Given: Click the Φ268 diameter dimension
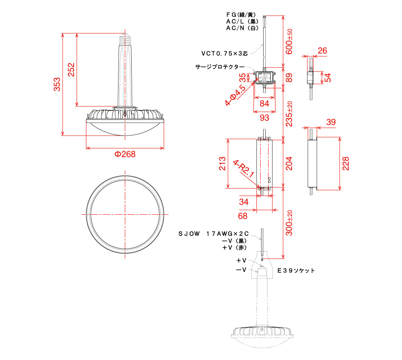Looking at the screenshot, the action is click(125, 154).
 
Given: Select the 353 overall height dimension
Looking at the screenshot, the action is click(57, 84).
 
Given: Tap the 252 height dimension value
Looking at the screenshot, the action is click(71, 69).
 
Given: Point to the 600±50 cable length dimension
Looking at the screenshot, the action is click(289, 42).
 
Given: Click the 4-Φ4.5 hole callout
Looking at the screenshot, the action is click(235, 95).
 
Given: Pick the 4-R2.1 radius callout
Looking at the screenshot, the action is click(243, 169).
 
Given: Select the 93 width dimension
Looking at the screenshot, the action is click(264, 117).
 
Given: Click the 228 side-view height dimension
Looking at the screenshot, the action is click(346, 163).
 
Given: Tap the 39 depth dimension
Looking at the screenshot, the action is click(331, 122).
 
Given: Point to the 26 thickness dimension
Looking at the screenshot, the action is click(322, 50).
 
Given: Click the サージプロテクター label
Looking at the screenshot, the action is click(220, 67).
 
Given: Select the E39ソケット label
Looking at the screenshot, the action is click(296, 271).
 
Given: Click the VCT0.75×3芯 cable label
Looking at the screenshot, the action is click(225, 53).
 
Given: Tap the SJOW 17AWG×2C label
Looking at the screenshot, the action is click(214, 233).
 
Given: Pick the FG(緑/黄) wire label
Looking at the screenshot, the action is click(241, 15).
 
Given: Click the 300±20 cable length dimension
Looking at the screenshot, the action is click(289, 223).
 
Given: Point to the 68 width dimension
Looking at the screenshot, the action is click(242, 216).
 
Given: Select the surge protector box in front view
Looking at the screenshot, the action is click(264, 77).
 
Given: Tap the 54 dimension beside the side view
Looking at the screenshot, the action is click(328, 78).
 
